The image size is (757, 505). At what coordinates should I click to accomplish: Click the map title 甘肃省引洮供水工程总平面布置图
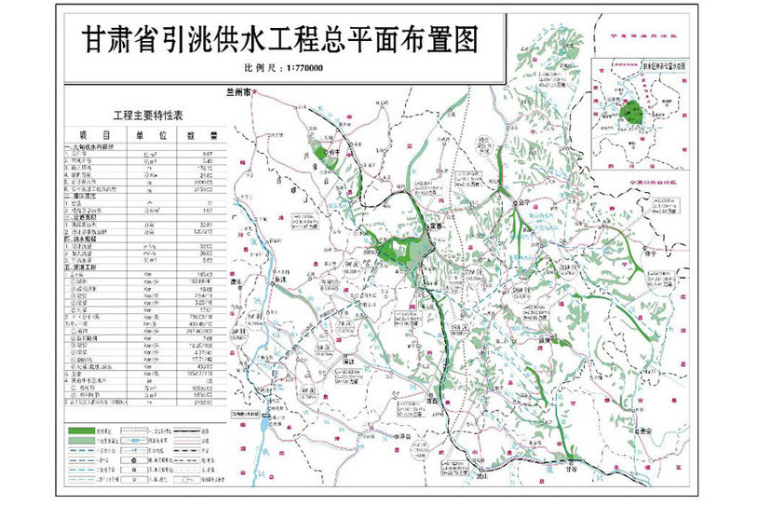tap(278, 41)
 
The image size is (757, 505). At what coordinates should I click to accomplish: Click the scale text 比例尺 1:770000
tap(279, 68)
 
